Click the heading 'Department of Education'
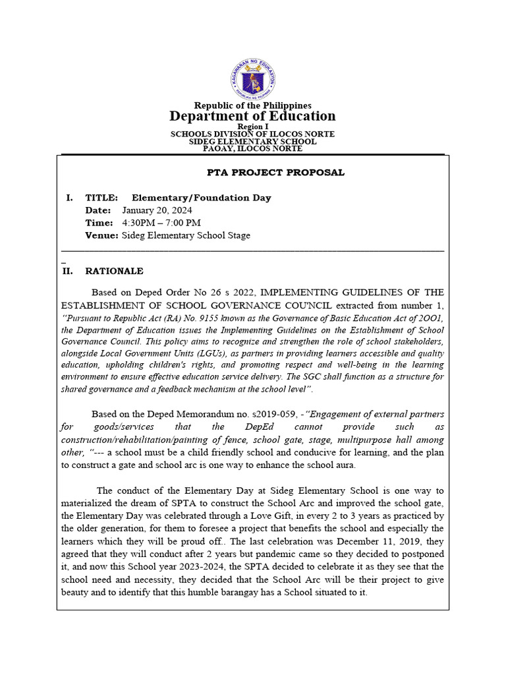coord(252,116)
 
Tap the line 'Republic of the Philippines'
coord(252,105)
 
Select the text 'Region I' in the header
coord(252,126)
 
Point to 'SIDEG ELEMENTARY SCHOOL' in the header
coord(252,141)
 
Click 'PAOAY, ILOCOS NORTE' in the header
coord(252,148)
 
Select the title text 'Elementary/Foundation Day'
coord(201,198)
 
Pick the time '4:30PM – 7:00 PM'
coord(161,223)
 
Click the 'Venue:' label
coord(101,235)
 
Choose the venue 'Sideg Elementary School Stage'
coord(186,235)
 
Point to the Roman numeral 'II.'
coord(67,271)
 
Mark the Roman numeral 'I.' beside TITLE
coord(69,198)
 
